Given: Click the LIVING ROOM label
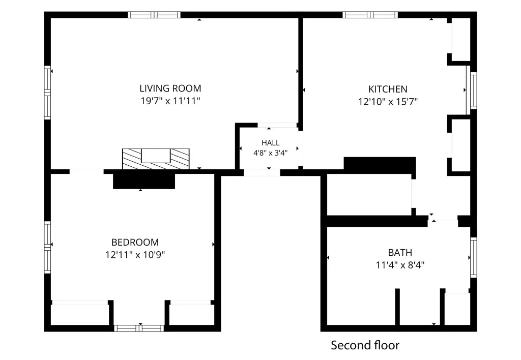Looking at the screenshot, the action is [170, 88].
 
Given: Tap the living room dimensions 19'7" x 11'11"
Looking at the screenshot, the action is [170, 101].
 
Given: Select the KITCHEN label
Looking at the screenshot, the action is [388, 89].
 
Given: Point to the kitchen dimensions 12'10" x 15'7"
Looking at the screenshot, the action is [388, 101].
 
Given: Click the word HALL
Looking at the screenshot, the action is [271, 143].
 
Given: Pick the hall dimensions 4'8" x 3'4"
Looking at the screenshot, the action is [271, 153].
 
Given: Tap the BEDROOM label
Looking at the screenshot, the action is [135, 242].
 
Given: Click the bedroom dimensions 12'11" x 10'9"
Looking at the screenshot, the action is [135, 255].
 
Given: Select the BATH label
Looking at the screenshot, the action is [400, 253].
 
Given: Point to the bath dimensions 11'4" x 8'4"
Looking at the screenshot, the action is [400, 265].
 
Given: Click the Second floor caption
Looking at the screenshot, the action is [365, 345].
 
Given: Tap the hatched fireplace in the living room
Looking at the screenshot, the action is [156, 159].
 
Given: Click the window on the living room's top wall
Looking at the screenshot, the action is [154, 15].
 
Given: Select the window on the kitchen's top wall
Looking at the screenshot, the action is [370, 15].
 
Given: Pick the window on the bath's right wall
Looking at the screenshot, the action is [474, 257].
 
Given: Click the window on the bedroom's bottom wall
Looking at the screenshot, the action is [139, 328].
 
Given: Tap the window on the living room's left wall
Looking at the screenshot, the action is [47, 93].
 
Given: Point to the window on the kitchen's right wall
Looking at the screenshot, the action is [474, 91].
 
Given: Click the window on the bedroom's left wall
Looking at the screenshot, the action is [47, 248].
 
